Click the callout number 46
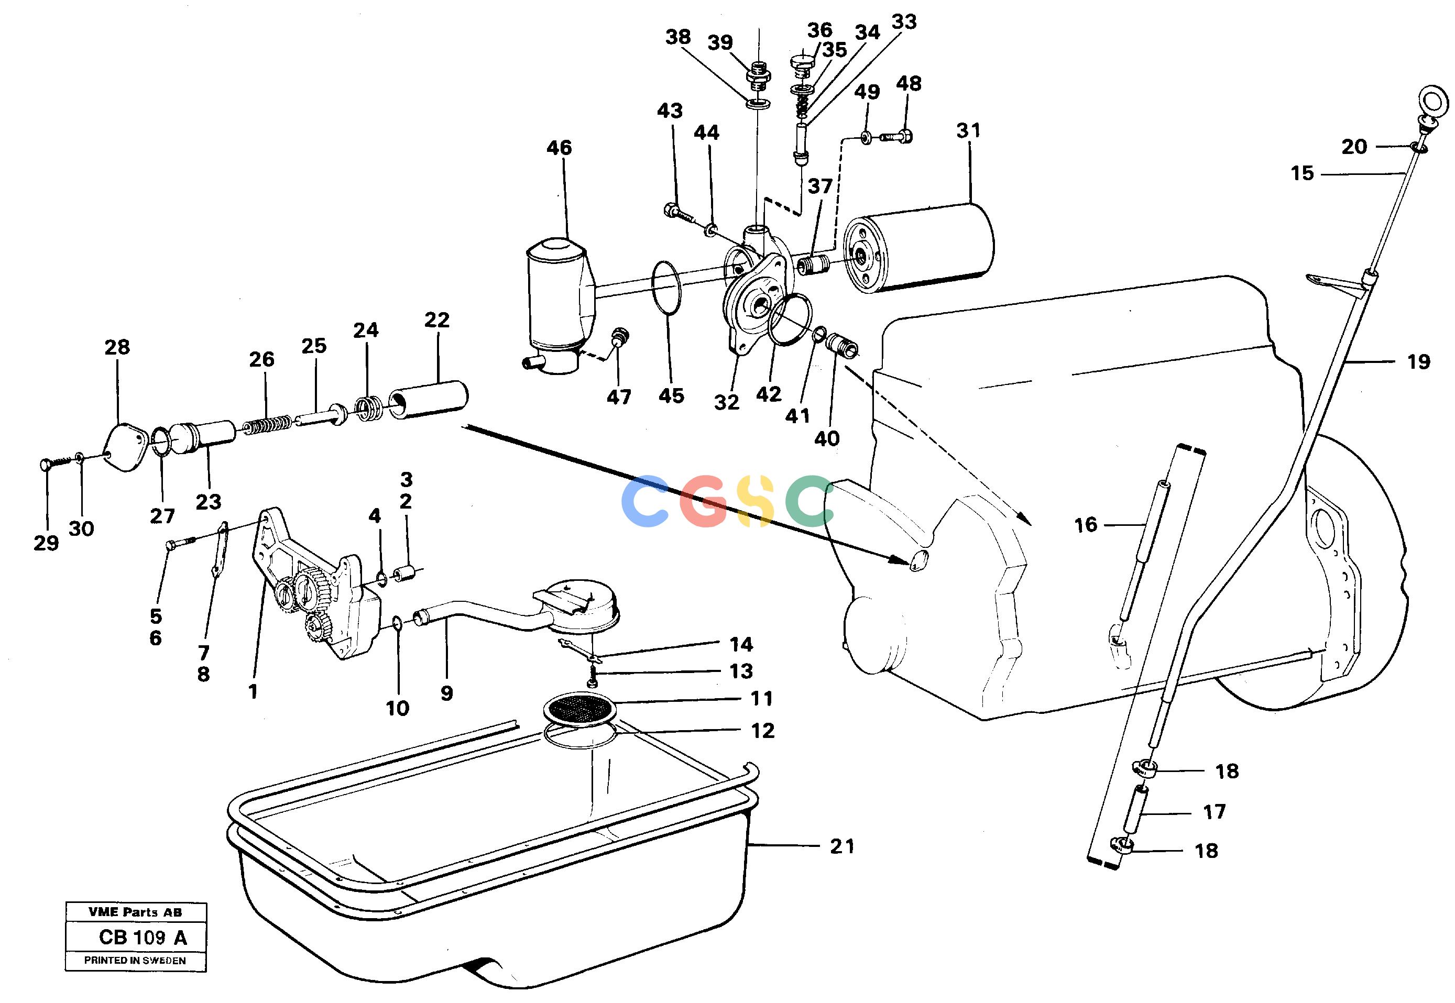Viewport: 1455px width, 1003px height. pos(559,148)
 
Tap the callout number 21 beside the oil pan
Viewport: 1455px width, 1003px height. pos(842,846)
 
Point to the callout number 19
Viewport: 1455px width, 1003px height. pos(1418,361)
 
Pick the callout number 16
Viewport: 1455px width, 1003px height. pos(1086,525)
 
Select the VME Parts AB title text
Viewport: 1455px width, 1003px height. pos(135,912)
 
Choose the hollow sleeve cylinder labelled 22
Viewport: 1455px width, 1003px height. pos(429,400)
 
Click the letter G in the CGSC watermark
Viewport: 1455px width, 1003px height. pos(706,500)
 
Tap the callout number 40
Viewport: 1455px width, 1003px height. pos(826,439)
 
